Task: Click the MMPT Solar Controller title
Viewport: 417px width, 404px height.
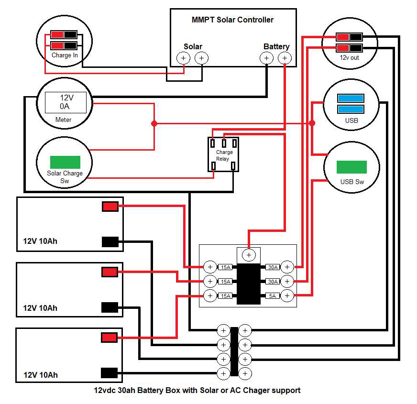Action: point(232,20)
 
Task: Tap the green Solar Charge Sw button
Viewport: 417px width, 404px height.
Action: point(65,162)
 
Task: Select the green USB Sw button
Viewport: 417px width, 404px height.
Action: point(351,167)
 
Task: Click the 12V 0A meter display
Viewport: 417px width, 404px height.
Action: point(66,102)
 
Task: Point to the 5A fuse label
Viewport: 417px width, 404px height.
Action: point(273,296)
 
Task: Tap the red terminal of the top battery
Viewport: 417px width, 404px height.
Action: point(110,207)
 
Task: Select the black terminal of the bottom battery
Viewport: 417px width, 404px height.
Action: point(110,373)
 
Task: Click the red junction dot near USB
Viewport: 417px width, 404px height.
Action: point(312,123)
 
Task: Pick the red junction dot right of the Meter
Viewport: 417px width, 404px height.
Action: point(154,123)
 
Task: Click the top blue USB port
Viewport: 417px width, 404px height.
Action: point(351,98)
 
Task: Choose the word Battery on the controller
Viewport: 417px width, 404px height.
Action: point(276,46)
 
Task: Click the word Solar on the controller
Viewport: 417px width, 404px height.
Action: point(193,46)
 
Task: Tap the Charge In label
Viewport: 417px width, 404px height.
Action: point(65,55)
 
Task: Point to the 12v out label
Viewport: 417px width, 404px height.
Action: point(349,57)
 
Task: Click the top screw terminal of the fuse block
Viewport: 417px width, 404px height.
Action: point(249,255)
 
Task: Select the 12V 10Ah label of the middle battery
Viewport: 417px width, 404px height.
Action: point(40,308)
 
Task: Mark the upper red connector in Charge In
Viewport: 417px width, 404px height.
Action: point(57,34)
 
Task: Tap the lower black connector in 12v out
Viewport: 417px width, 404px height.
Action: point(356,48)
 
